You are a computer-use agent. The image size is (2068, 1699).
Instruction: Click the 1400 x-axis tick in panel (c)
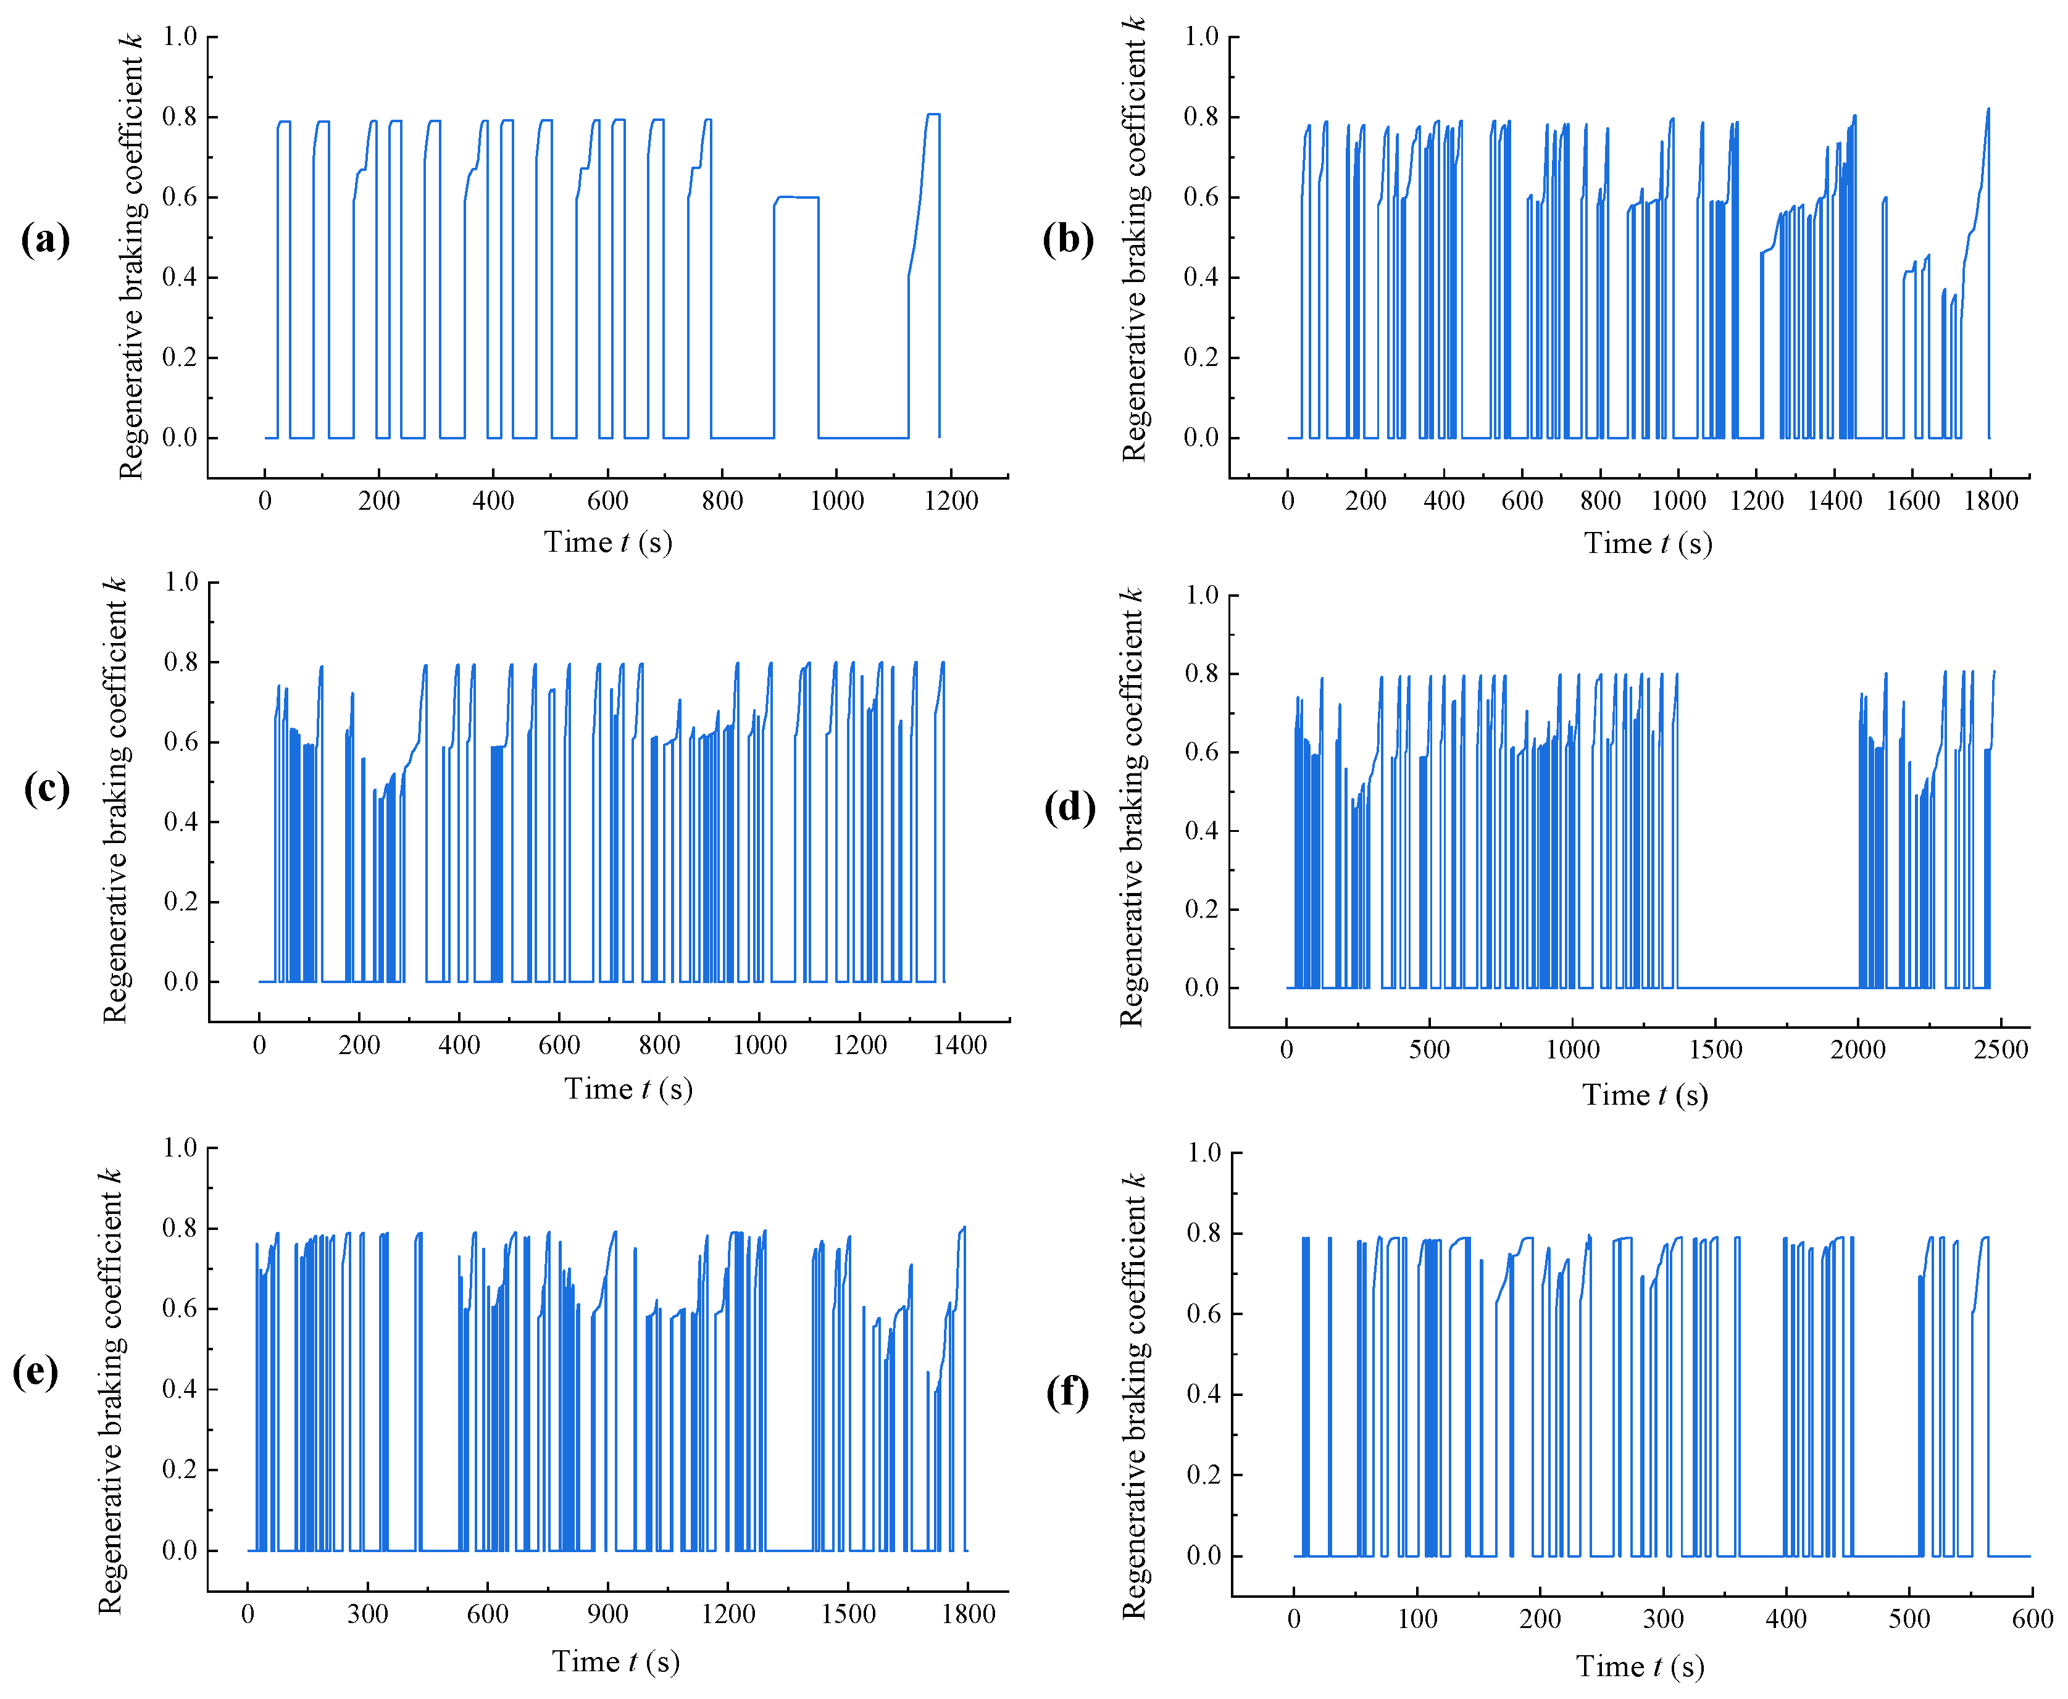(x=959, y=1046)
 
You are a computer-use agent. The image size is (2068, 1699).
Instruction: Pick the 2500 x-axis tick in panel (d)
(x=2001, y=1050)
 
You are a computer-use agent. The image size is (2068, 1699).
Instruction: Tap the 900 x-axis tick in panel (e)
(x=607, y=1614)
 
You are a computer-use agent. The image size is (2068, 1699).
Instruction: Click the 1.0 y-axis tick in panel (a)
(x=180, y=37)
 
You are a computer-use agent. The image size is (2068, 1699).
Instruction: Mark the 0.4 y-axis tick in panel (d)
(x=1202, y=831)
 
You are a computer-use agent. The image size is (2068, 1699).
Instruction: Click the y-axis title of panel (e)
(x=110, y=1390)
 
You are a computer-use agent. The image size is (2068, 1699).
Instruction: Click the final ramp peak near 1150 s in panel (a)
(x=933, y=115)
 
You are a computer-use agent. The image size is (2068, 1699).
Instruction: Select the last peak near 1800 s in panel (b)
(x=1988, y=110)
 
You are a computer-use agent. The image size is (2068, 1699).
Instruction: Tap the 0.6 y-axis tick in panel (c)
(x=181, y=742)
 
